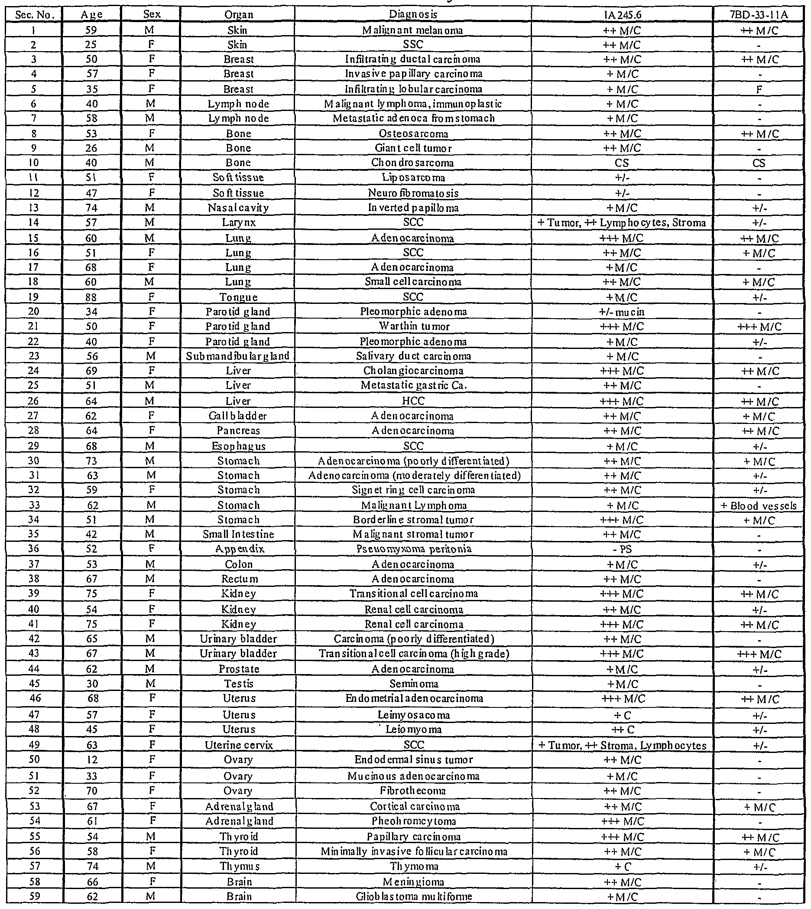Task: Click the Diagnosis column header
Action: coord(412,14)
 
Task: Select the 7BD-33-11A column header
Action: coord(759,15)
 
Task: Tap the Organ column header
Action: coord(238,15)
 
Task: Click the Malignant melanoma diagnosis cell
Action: coord(412,30)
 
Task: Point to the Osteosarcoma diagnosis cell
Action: coord(413,134)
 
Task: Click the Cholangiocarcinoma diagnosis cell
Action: coord(413,371)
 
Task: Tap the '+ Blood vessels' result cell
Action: coord(759,505)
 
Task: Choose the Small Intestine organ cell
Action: coord(238,534)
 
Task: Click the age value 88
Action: coord(92,297)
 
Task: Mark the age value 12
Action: coord(92,759)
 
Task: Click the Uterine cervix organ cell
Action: coord(238,745)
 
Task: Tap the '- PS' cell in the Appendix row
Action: coord(622,549)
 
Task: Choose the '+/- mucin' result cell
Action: coord(622,312)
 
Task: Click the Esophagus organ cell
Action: coord(238,446)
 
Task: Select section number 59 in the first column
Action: coord(34,896)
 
